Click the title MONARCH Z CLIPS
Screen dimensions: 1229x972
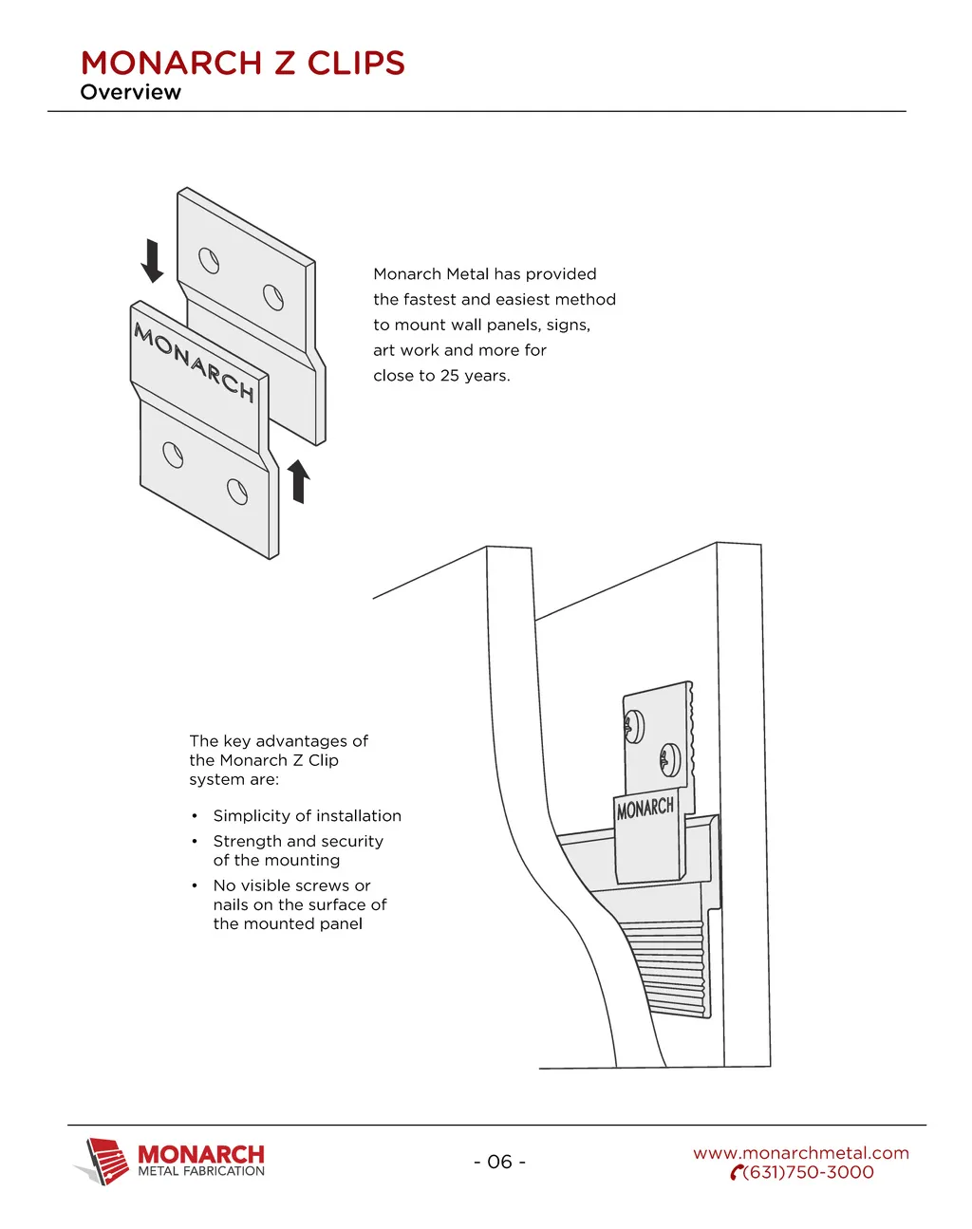click(x=243, y=63)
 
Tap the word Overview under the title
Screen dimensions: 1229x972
click(x=130, y=92)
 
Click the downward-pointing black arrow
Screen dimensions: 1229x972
click(x=152, y=261)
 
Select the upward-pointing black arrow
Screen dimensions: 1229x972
click(x=299, y=480)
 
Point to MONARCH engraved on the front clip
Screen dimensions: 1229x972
click(x=195, y=363)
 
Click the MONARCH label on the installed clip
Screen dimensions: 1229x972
click(x=645, y=809)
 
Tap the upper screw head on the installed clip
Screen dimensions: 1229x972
click(x=633, y=727)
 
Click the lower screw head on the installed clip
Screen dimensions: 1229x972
click(x=669, y=759)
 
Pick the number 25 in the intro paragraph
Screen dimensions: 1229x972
click(x=450, y=376)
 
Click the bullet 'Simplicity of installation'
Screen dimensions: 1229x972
click(x=307, y=816)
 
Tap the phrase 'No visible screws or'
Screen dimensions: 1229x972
click(x=291, y=885)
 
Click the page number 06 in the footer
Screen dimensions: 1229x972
click(x=499, y=1162)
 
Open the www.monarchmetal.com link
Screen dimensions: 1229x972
click(x=801, y=1153)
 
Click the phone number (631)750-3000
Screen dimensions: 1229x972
click(x=809, y=1173)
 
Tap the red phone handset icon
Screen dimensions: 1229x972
click(x=736, y=1174)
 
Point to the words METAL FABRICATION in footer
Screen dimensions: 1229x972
click(x=201, y=1171)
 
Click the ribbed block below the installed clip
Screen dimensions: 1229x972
click(x=669, y=968)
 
